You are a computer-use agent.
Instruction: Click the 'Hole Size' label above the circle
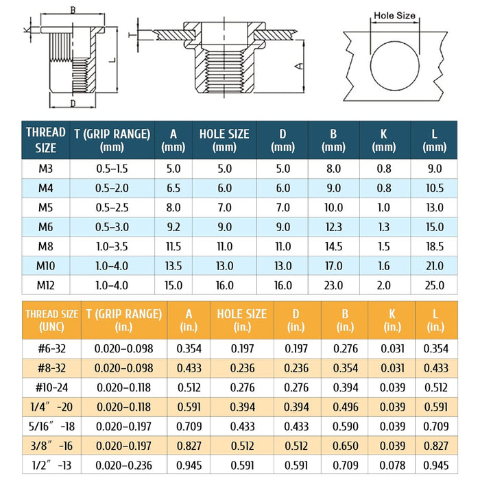394,16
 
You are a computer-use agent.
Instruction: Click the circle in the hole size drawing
370,66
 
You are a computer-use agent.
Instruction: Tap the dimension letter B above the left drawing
73,10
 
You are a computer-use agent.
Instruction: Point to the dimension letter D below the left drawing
73,104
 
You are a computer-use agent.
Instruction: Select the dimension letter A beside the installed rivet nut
300,66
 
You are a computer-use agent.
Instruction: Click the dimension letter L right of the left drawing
113,60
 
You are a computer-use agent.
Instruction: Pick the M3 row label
46,169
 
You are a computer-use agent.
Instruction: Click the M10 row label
46,266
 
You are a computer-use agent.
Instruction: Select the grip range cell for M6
112,227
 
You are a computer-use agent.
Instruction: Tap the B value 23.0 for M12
333,285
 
